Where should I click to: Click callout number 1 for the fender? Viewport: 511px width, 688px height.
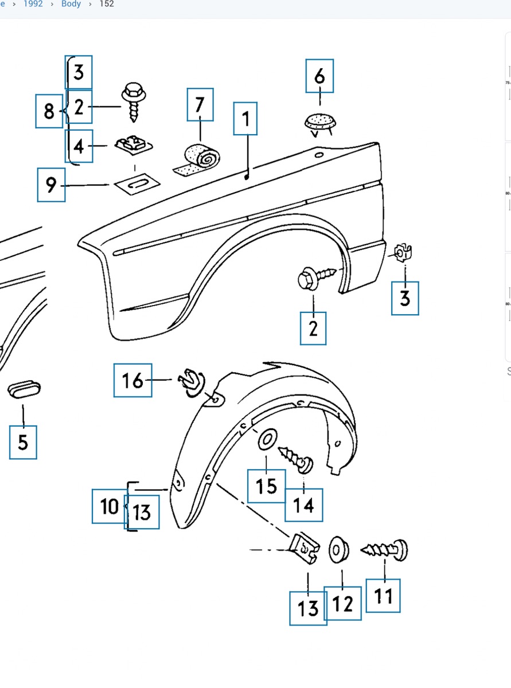(x=245, y=119)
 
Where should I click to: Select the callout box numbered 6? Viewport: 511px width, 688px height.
(x=319, y=76)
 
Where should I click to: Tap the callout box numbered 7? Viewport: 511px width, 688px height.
(x=200, y=104)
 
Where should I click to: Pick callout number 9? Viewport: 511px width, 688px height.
(x=51, y=185)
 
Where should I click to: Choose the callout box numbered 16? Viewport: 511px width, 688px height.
(x=132, y=380)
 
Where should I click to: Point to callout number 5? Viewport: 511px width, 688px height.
(x=23, y=442)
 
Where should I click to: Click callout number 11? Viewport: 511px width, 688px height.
(x=383, y=596)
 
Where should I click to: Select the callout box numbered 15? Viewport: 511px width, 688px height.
(x=266, y=486)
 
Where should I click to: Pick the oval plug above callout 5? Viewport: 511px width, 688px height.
(x=24, y=390)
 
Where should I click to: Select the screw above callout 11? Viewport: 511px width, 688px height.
(x=385, y=550)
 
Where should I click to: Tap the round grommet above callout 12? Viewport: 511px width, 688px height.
(x=338, y=549)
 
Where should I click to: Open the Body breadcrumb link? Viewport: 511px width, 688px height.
(x=71, y=4)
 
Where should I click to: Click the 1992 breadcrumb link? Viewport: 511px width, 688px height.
(x=33, y=4)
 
